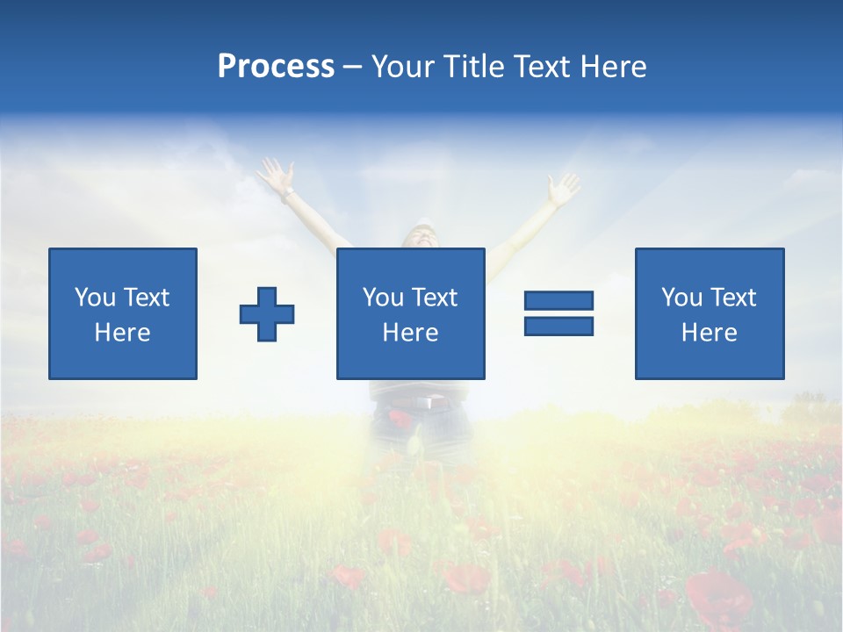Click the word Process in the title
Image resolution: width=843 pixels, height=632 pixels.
(276, 67)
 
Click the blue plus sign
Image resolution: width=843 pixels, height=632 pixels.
(267, 314)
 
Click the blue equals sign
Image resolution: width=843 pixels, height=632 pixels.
(558, 313)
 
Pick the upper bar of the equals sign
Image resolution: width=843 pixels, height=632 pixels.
(558, 301)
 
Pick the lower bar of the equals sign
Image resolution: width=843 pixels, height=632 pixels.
(558, 326)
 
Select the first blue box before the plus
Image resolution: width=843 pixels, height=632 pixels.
(123, 313)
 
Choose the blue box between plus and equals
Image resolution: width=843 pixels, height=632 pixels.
(411, 313)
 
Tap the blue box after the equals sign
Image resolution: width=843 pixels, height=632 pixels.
(710, 313)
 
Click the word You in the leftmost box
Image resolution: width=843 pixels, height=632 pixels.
(95, 298)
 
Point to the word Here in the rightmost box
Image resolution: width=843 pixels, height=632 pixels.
(710, 333)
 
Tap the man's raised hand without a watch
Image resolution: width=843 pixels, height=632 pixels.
(562, 187)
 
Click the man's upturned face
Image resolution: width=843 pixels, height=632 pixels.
(421, 237)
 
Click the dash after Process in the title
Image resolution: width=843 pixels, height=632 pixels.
(353, 68)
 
